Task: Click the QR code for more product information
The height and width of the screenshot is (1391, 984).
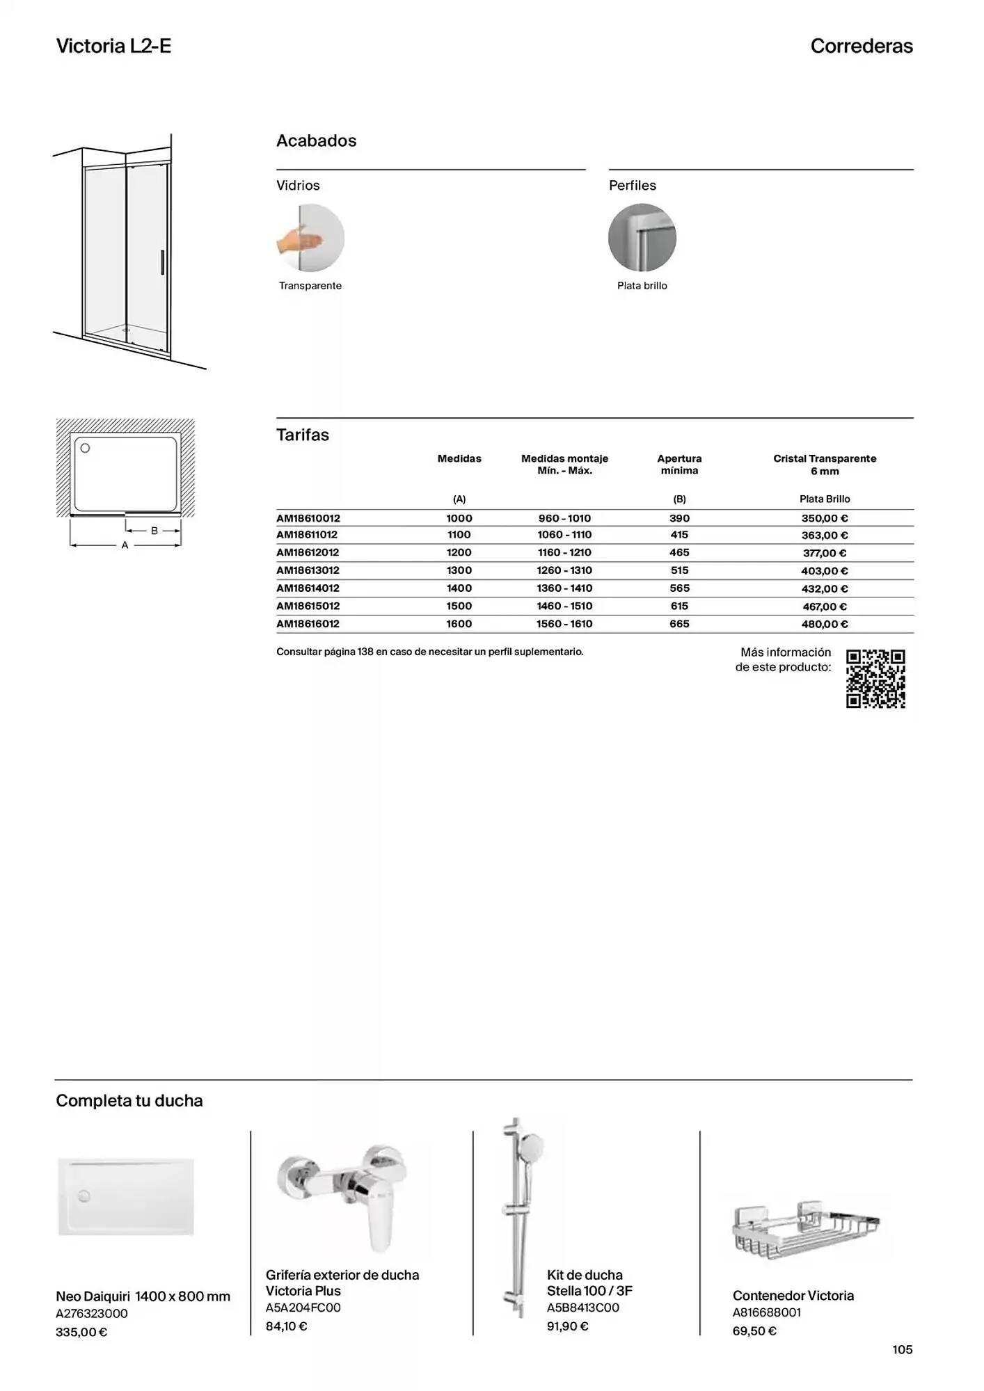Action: [875, 679]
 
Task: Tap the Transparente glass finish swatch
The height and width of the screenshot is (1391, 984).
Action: [310, 238]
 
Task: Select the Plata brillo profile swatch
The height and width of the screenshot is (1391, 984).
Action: [642, 238]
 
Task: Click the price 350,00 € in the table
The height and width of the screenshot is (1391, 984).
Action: [825, 518]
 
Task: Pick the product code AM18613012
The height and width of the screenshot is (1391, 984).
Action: [308, 570]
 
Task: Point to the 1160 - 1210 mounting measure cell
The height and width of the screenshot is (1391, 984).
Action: [564, 552]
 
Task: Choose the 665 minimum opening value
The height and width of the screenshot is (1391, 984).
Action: [679, 624]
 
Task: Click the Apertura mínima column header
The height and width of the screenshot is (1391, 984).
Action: [679, 465]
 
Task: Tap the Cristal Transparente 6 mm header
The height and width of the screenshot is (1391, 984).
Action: [825, 465]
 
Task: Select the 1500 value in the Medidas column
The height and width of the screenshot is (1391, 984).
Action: [459, 606]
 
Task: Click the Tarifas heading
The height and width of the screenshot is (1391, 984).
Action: [303, 435]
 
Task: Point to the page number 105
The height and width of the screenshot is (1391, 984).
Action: [902, 1349]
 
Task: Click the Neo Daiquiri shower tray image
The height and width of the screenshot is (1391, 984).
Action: [126, 1196]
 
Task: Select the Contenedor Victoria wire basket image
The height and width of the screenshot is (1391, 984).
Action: [806, 1231]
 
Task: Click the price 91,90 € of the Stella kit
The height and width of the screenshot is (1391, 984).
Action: [567, 1326]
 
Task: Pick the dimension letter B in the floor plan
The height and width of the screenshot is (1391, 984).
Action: [154, 531]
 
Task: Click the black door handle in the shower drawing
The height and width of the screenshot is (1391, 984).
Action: [162, 263]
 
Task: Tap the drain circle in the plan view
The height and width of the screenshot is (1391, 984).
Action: [86, 448]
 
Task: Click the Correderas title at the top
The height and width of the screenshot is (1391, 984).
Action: [862, 46]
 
